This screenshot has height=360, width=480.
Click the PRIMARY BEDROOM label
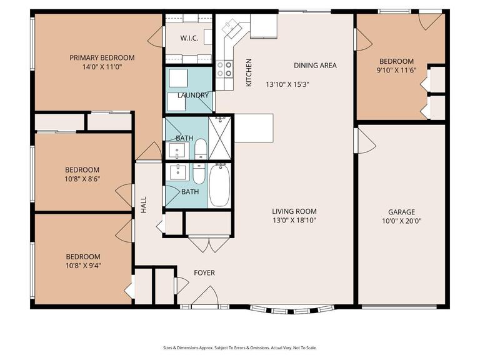[102, 57]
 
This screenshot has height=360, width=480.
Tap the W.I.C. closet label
[189, 38]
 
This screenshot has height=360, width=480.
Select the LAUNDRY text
[192, 95]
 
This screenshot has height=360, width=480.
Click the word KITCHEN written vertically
[248, 72]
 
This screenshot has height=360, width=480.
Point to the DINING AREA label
[315, 65]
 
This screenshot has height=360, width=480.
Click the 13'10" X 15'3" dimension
[288, 84]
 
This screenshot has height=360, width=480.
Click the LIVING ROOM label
[294, 211]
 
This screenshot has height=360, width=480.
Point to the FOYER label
[204, 272]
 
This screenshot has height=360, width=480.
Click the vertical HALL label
[143, 205]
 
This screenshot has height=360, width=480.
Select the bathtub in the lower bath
[219, 185]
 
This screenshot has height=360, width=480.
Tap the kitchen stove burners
[224, 69]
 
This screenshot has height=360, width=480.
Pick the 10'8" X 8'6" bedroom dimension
[82, 179]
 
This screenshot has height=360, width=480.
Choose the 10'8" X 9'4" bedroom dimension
[82, 266]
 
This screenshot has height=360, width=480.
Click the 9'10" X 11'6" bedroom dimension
[397, 70]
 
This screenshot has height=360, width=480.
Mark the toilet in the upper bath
[201, 149]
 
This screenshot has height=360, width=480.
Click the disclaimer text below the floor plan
[240, 347]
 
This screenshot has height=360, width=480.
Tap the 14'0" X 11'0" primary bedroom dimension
[102, 67]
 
